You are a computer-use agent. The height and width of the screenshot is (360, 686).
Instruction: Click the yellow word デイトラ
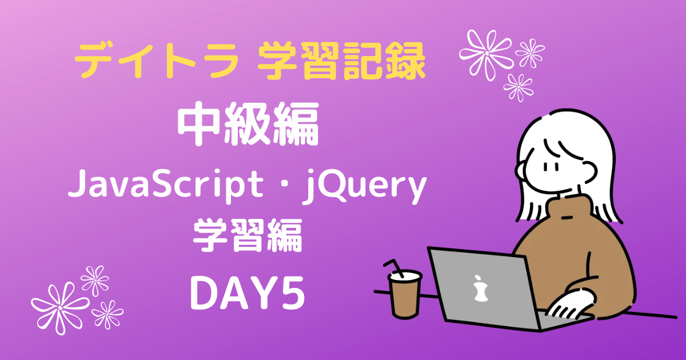(156, 61)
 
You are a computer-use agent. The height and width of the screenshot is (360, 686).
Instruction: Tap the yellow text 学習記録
(341, 61)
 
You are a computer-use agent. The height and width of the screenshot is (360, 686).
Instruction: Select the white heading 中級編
(248, 123)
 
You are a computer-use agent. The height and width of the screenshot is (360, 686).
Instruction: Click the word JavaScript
(165, 185)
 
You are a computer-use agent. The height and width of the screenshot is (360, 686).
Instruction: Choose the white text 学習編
(248, 235)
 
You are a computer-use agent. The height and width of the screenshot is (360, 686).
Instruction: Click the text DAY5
(248, 293)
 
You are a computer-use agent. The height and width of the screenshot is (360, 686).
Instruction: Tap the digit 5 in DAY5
(293, 293)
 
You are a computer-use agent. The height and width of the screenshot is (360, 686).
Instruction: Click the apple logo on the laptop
(480, 289)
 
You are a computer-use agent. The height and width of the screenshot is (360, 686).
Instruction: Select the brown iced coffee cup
(405, 294)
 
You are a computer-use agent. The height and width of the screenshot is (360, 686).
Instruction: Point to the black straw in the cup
(394, 268)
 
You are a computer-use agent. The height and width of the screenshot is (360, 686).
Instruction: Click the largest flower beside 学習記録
(487, 54)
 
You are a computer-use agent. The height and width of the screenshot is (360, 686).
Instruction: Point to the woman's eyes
(551, 167)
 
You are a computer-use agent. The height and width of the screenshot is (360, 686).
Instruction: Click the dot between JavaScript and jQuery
(282, 186)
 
